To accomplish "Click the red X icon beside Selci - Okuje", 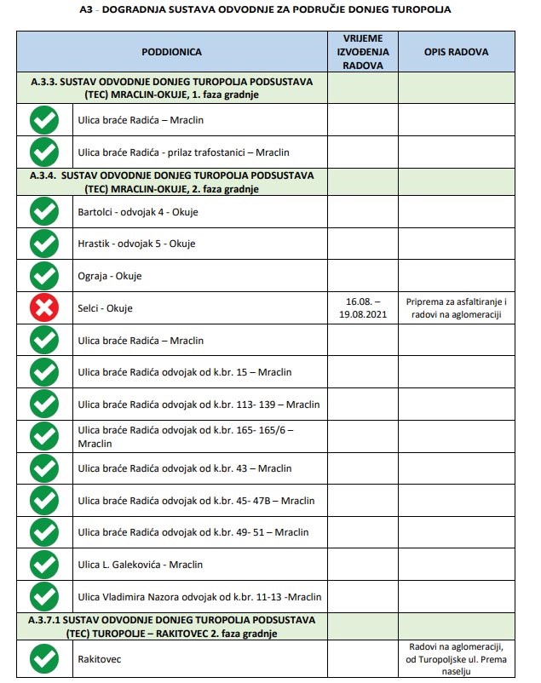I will [x=44, y=307].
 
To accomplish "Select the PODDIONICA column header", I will [x=171, y=52].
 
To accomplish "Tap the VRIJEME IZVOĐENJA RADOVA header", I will [x=362, y=52].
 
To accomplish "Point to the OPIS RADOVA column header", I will [x=456, y=52].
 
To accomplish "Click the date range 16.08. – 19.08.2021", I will [x=362, y=307].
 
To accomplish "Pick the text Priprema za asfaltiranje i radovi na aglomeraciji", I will [x=456, y=307].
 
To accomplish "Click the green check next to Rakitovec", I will [x=44, y=658].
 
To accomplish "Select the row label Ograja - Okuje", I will [x=109, y=276].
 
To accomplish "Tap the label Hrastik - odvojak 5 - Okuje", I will [x=136, y=244].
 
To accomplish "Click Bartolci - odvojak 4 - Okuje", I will [x=137, y=212].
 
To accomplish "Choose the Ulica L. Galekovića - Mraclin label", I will [x=141, y=564].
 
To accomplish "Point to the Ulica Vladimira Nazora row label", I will [x=200, y=595].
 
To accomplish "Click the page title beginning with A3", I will [x=270, y=9].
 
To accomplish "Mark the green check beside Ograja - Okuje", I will [x=44, y=276].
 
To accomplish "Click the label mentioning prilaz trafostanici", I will [x=183, y=152].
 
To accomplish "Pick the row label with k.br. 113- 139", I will [x=199, y=404].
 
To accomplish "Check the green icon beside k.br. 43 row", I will [x=44, y=468].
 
